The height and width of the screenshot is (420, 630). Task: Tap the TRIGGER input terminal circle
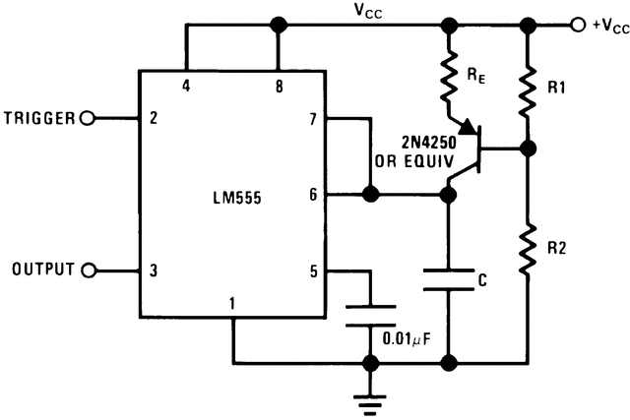click(x=87, y=119)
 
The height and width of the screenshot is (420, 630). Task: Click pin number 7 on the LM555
click(x=313, y=119)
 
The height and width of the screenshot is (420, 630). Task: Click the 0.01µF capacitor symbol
click(x=372, y=315)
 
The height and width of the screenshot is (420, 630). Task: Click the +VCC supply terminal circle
click(x=577, y=24)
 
